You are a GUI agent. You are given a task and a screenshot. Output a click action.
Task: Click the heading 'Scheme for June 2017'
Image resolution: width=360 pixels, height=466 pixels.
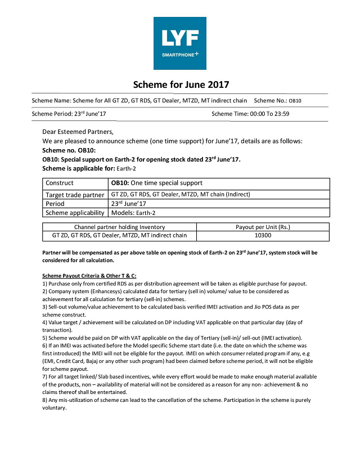[181, 85]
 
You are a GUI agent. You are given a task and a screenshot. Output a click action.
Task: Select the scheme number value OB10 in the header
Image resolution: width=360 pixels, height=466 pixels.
[295, 101]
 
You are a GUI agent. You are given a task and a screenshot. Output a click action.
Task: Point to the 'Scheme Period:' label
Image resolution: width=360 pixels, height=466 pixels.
[55, 114]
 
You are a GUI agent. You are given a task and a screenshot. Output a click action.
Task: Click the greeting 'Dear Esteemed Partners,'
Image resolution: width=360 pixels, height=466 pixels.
[78, 132]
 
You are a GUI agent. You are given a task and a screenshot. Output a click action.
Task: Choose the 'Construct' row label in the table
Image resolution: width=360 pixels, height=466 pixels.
[60, 183]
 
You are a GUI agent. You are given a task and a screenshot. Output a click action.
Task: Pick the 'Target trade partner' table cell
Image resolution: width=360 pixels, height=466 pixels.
[75, 194]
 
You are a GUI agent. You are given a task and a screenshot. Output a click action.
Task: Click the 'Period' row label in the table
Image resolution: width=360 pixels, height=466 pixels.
[55, 203]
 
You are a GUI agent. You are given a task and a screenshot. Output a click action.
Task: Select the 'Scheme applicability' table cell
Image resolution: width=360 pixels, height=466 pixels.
[75, 213]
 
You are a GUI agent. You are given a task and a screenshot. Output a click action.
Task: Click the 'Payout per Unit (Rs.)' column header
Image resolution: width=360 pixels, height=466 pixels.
[263, 227]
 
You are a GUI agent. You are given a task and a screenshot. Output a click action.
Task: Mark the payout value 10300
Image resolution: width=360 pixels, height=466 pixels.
[263, 236]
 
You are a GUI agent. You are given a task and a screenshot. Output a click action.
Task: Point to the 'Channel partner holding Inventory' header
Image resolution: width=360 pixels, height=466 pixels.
[119, 227]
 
